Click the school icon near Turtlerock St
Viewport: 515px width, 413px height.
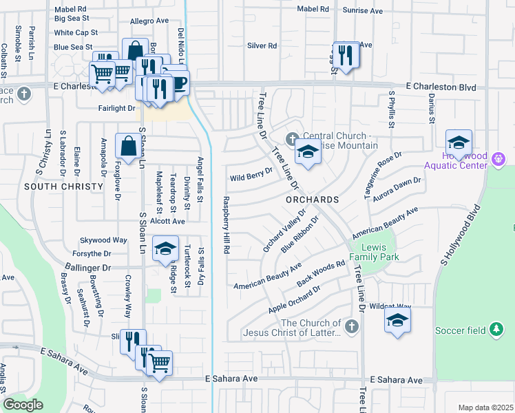[165, 250]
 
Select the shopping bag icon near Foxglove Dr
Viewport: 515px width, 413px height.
[129, 146]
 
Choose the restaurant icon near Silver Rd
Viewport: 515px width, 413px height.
[346, 55]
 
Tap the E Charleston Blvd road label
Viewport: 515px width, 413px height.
[441, 87]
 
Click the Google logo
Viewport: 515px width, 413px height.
[23, 405]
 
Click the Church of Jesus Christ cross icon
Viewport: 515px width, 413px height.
[351, 326]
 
